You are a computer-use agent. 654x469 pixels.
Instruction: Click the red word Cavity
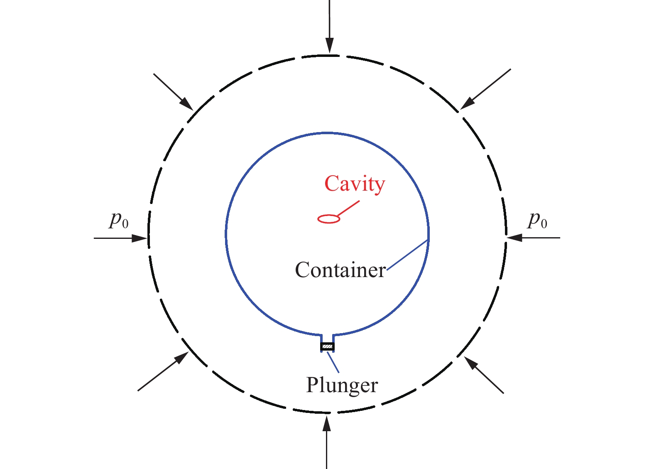(355, 184)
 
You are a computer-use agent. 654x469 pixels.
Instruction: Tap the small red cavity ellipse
(328, 219)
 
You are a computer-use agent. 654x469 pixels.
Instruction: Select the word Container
(340, 270)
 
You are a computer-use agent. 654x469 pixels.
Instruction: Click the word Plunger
(342, 385)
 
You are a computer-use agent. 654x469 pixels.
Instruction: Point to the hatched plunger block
(327, 346)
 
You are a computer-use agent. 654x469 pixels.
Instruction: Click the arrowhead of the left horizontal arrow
(139, 238)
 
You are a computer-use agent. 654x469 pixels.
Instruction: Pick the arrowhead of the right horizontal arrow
(515, 238)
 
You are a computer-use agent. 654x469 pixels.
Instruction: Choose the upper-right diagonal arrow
(485, 89)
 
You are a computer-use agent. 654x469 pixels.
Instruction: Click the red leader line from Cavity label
(348, 209)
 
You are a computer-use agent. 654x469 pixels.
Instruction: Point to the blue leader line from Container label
(407, 255)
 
